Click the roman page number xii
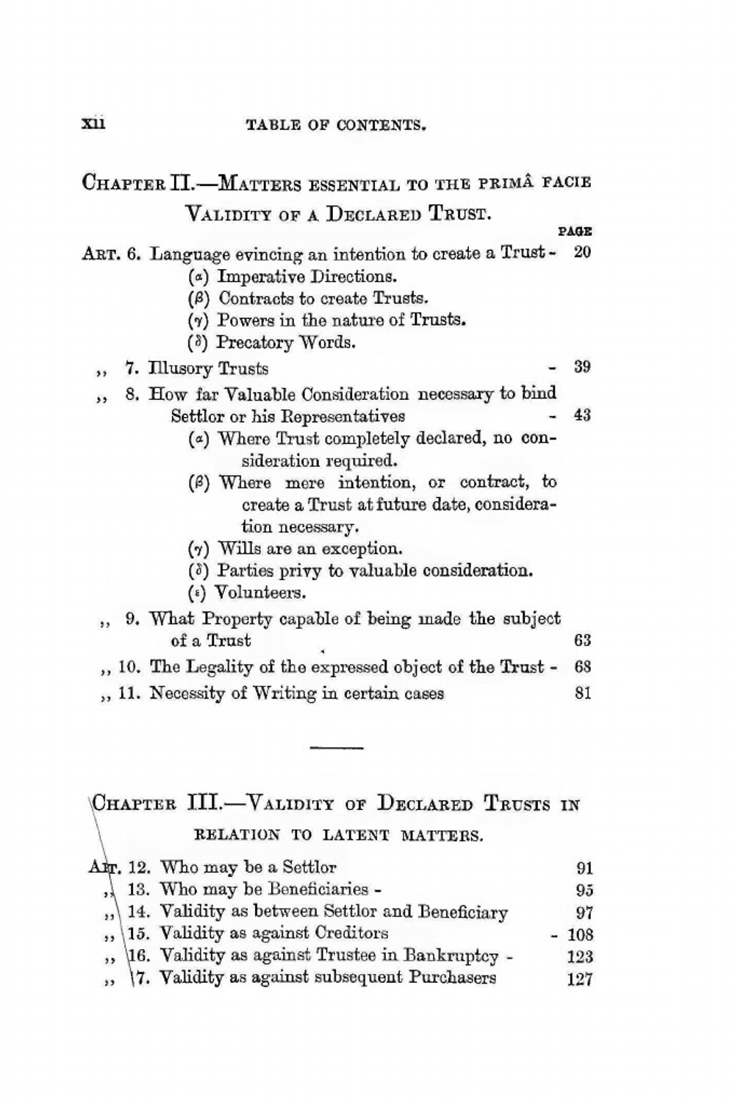click(x=94, y=123)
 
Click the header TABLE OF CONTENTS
click(x=337, y=125)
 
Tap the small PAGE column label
click(x=575, y=232)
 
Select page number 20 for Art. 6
click(x=582, y=252)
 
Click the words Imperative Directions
click(x=307, y=277)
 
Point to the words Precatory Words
click(x=286, y=343)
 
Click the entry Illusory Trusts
click(x=209, y=368)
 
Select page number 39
click(x=582, y=368)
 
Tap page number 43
click(x=582, y=415)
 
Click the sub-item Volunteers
click(x=262, y=593)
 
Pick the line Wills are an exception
click(x=310, y=548)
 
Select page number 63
click(x=582, y=641)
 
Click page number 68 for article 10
click(x=582, y=668)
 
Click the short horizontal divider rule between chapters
click(x=337, y=748)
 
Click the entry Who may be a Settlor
click(x=248, y=867)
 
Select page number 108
click(x=580, y=935)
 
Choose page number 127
click(x=580, y=979)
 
